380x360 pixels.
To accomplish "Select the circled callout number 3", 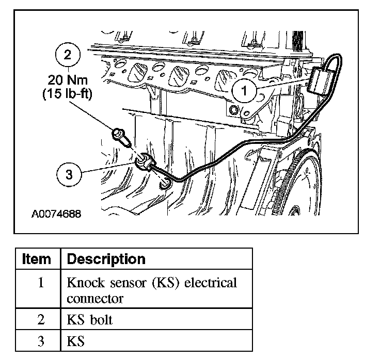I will [69, 174].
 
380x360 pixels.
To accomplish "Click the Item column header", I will [37, 258].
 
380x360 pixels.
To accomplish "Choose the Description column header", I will [106, 258].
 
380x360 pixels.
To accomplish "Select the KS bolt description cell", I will [89, 319].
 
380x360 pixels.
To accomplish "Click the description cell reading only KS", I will [75, 341].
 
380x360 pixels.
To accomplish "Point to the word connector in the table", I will [95, 299].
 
